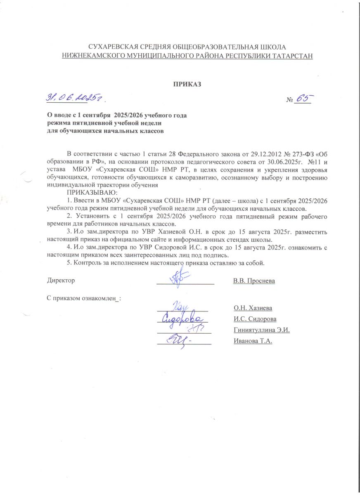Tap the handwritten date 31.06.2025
[x=75, y=98]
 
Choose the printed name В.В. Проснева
[x=254, y=281]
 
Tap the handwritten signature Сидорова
[x=182, y=319]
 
